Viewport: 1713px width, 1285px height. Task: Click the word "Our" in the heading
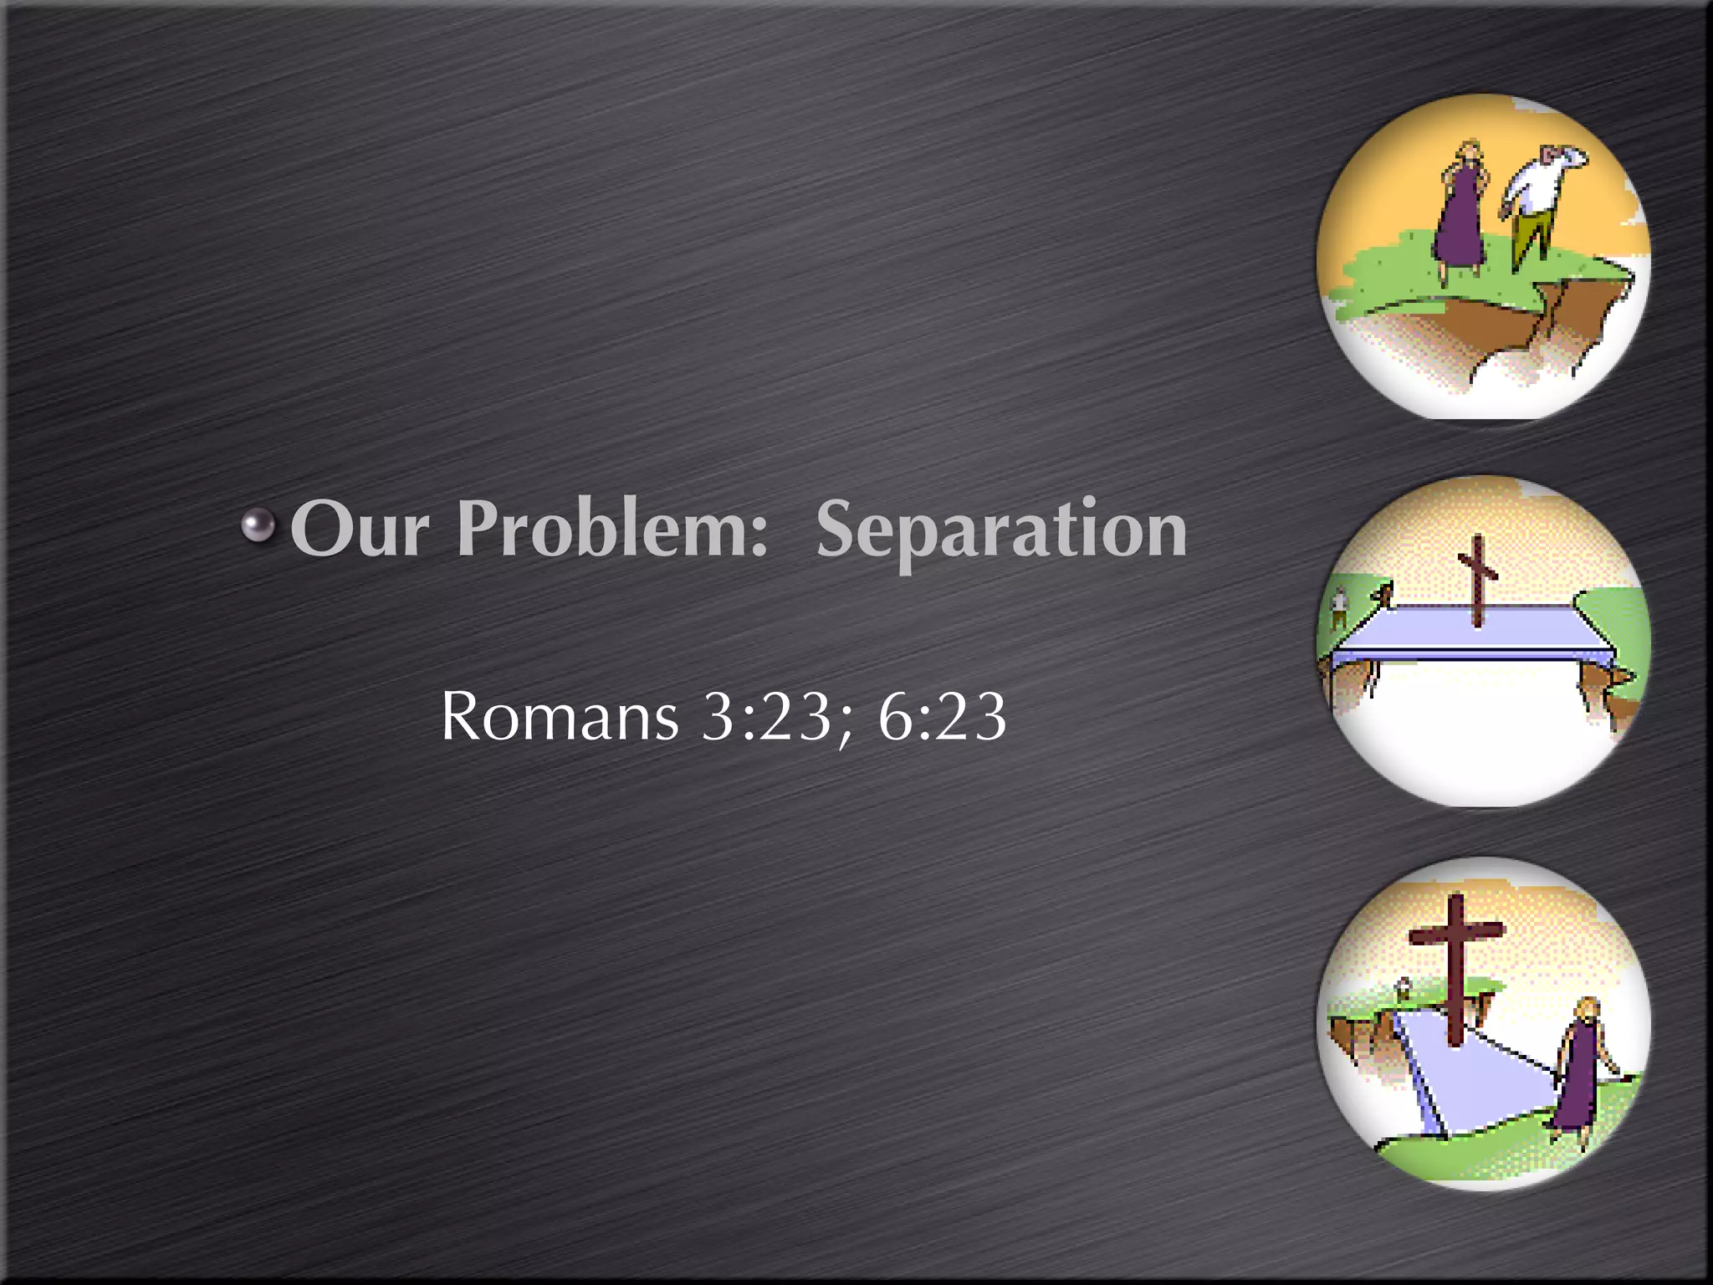click(x=360, y=530)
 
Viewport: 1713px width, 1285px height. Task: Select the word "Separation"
click(x=1001, y=530)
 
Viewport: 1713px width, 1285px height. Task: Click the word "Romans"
click(x=559, y=717)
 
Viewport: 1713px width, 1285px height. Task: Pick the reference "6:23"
click(x=942, y=717)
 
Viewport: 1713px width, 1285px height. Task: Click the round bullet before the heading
click(x=258, y=525)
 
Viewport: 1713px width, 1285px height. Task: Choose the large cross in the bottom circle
click(x=1457, y=970)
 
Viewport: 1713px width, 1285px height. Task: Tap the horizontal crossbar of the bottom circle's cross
click(x=1457, y=931)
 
